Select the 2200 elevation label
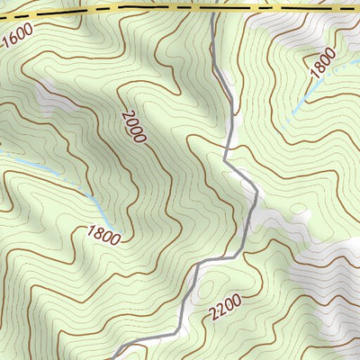[224, 310]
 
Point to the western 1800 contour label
[104, 234]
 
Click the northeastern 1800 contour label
[322, 64]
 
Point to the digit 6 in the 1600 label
[12, 41]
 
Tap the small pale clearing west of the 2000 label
[54, 99]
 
